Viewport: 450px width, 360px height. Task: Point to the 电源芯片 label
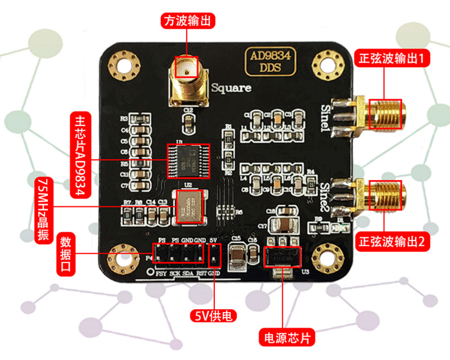[286, 338]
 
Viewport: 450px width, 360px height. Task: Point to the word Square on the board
[231, 88]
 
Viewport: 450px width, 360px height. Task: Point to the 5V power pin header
[213, 255]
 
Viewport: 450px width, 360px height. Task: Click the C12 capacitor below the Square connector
[189, 120]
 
